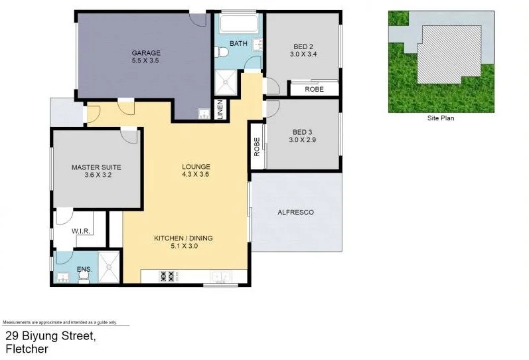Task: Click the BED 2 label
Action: [303, 46]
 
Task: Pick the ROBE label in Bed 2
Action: [314, 89]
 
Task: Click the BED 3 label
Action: [303, 132]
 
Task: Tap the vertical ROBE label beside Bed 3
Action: [256, 146]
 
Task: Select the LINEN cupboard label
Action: [220, 110]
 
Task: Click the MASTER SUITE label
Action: [96, 167]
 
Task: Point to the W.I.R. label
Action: [80, 232]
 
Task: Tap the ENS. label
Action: [84, 269]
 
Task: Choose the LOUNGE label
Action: [196, 167]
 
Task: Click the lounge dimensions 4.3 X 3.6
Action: [196, 175]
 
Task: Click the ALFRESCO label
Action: [295, 213]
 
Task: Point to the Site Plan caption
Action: [440, 119]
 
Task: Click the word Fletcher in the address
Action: [27, 349]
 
